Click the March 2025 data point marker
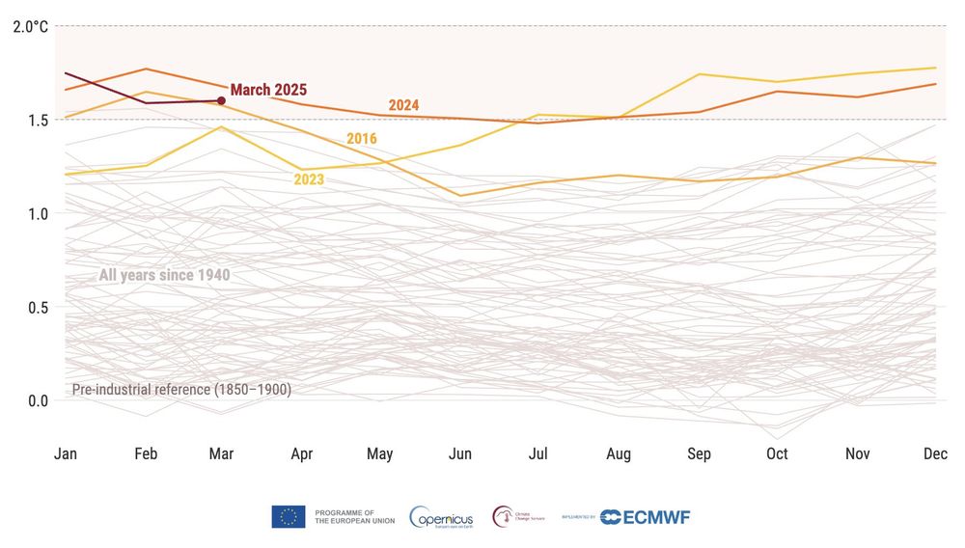click(221, 100)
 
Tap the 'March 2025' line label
click(268, 90)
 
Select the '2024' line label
click(404, 105)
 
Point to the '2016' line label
click(362, 139)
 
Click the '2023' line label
click(309, 178)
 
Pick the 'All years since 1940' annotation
click(164, 275)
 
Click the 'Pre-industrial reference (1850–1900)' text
click(181, 390)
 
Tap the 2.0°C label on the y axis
click(30, 26)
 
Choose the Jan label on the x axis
click(65, 454)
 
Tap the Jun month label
click(460, 454)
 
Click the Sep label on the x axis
click(698, 454)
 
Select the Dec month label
click(934, 454)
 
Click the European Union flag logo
click(289, 517)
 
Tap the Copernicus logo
click(441, 517)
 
